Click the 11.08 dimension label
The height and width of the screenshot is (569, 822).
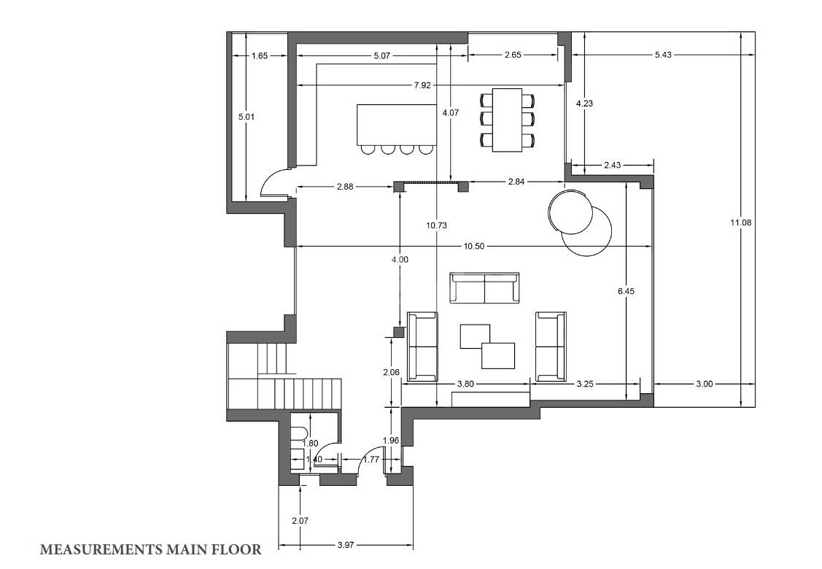point(740,222)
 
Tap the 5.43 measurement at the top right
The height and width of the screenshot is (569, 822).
point(663,55)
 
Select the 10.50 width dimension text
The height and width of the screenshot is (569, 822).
point(474,247)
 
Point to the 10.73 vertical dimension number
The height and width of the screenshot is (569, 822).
point(437,225)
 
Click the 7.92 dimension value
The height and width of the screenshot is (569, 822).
point(422,85)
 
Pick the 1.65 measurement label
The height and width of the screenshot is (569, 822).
point(260,55)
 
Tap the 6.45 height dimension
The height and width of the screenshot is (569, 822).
point(626,290)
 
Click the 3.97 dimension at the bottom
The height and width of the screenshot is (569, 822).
point(346,545)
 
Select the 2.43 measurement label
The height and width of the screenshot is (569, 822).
point(613,165)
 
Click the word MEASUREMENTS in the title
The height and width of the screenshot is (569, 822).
point(101,549)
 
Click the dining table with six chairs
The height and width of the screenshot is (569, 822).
point(508,120)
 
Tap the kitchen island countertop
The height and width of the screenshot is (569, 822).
point(397,125)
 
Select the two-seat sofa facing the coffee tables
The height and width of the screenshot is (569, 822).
point(485,288)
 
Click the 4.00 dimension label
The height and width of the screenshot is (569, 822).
point(400,260)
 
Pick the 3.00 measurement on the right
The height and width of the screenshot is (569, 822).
point(704,384)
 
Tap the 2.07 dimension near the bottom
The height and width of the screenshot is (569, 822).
point(300,521)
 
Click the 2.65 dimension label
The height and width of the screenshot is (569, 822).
point(513,55)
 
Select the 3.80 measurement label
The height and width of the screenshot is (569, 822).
point(465,384)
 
